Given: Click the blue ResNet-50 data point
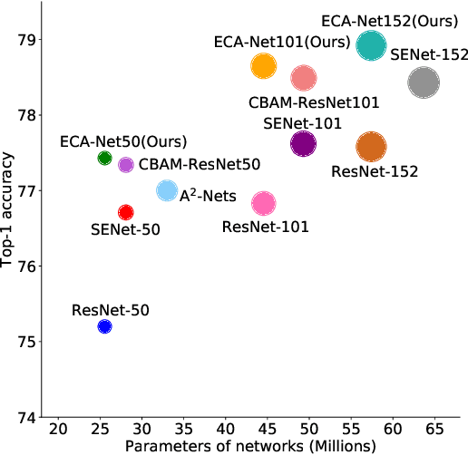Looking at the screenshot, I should (x=104, y=326).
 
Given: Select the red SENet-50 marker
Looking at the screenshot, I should (x=126, y=212).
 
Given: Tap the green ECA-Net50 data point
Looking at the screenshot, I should (x=104, y=159).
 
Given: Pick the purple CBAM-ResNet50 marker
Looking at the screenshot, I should (x=126, y=165).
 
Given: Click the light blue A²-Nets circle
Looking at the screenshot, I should (x=167, y=190).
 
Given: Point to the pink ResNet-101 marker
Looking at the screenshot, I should (x=263, y=203).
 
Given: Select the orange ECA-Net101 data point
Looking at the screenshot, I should (x=263, y=66).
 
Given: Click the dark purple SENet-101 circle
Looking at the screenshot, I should (x=303, y=143).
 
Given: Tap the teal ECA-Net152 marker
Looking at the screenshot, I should (x=371, y=44).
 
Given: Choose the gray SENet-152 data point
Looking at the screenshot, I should (x=424, y=83).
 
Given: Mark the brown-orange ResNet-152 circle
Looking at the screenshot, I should (x=371, y=146).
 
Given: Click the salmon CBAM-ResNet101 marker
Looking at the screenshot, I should (x=303, y=78).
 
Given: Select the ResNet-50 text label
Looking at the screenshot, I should (x=110, y=310).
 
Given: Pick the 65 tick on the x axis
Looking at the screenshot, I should (x=434, y=429).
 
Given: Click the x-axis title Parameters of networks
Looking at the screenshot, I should (x=249, y=446).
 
